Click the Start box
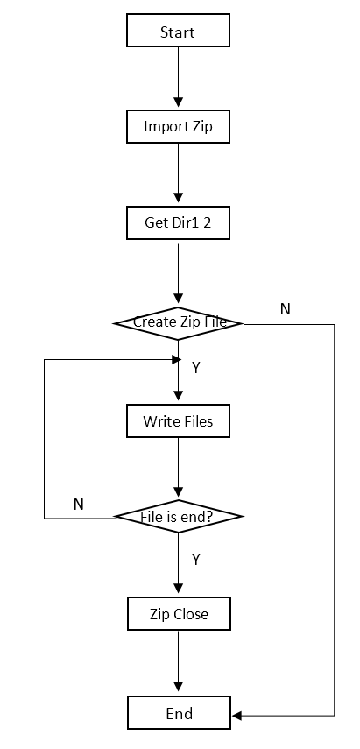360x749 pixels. tap(178, 31)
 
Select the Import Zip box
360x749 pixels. tap(178, 126)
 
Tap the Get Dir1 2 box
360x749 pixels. tap(178, 223)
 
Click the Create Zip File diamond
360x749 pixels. tap(178, 323)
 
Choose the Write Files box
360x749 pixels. tap(178, 420)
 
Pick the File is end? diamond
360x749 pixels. tap(178, 516)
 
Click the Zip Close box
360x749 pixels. tap(179, 613)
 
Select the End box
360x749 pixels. tap(179, 713)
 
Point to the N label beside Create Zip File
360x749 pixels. tap(285, 309)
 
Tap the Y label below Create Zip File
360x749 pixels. tap(195, 368)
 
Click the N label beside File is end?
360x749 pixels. tap(79, 505)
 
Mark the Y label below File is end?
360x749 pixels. tap(195, 560)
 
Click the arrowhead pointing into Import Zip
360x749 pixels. tap(178, 102)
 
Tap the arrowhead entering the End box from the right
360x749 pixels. tap(237, 716)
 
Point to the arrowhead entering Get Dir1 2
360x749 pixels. tap(178, 197)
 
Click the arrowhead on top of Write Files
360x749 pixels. tap(178, 395)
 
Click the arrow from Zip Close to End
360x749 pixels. tap(178, 661)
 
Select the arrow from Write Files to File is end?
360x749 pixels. tap(178, 468)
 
